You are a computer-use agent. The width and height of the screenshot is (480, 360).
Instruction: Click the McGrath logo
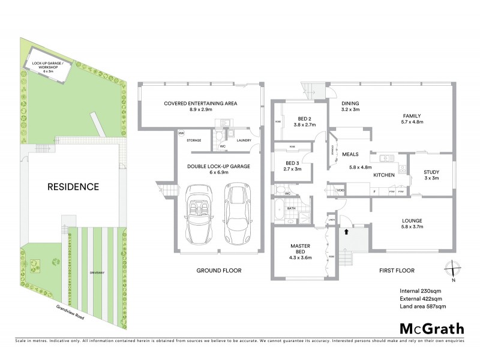(431, 328)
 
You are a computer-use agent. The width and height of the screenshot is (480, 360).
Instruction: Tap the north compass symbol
(454, 271)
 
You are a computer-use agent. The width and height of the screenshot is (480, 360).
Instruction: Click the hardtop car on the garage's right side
(236, 214)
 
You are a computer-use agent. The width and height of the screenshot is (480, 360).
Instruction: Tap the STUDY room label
(431, 175)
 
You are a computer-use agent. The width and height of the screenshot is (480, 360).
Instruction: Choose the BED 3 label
(293, 166)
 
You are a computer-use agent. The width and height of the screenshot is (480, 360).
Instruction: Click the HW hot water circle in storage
(181, 133)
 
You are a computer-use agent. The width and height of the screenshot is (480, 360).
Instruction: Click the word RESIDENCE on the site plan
(73, 187)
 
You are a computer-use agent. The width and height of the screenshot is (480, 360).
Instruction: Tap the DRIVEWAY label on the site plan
(97, 272)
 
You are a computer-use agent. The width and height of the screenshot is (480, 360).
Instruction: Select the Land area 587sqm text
(423, 307)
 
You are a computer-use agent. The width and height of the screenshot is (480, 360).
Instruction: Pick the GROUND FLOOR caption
(218, 271)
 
